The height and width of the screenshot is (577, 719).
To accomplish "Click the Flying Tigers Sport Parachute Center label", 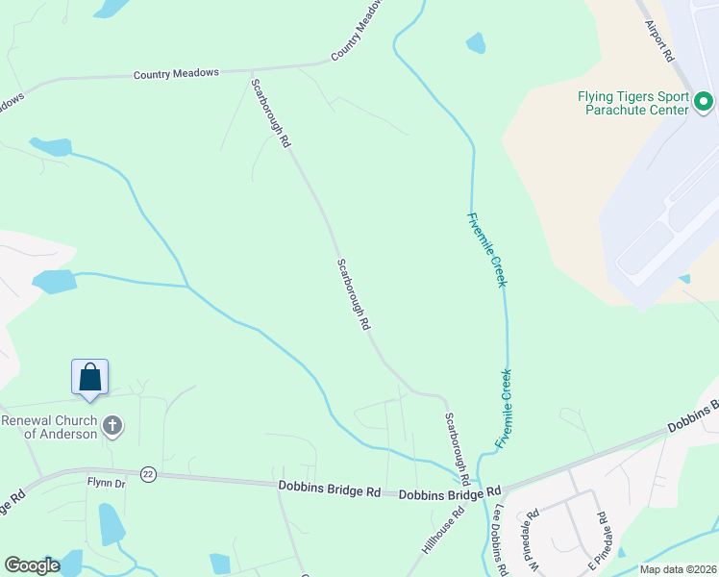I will tap(632, 103).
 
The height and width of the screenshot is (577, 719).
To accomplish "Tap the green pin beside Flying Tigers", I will tap(704, 100).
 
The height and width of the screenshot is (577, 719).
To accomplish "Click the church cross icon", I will tap(112, 426).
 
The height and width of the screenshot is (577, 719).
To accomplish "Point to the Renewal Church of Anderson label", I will tap(48, 427).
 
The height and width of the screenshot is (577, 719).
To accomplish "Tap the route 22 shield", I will tap(148, 474).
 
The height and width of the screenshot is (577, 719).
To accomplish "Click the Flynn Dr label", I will tap(107, 484).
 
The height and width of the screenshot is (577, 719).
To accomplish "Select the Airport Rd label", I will tap(659, 41).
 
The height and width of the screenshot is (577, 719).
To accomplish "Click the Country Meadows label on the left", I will tap(177, 73).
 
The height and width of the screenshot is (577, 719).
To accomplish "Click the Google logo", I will tap(32, 566).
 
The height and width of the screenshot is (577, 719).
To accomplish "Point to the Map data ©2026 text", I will tap(678, 569).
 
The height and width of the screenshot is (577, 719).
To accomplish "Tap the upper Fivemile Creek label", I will tap(487, 249).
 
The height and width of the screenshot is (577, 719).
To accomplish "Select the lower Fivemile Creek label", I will tap(504, 408).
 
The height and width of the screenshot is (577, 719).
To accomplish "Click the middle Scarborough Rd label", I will tap(354, 294).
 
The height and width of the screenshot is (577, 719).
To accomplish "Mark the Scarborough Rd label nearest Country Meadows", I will tap(270, 113).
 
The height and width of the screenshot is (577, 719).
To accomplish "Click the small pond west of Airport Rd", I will tap(475, 43).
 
